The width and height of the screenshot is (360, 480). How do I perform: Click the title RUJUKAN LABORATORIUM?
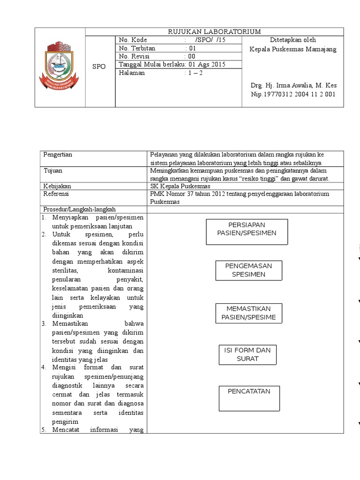[214, 31]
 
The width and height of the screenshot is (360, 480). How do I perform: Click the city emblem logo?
[60, 67]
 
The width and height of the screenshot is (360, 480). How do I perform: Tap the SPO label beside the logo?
[99, 67]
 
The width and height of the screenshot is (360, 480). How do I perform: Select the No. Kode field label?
[133, 40]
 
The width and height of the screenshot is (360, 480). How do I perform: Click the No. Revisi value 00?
[191, 56]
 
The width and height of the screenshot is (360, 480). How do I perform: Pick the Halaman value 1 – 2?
[193, 73]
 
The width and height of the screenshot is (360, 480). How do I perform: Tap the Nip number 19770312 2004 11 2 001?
[293, 94]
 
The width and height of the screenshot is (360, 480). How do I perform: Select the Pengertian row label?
[58, 155]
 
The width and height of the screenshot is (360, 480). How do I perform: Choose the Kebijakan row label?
[56, 186]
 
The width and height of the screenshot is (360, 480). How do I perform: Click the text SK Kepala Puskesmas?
[180, 186]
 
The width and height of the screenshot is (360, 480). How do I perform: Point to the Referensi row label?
[56, 194]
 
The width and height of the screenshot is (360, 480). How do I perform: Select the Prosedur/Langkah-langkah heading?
[79, 209]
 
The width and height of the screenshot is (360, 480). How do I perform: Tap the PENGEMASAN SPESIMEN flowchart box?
[248, 270]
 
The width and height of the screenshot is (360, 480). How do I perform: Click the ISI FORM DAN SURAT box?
[247, 355]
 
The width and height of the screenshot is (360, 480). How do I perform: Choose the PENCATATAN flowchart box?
[249, 398]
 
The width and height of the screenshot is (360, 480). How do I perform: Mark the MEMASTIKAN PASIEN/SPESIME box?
[248, 313]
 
